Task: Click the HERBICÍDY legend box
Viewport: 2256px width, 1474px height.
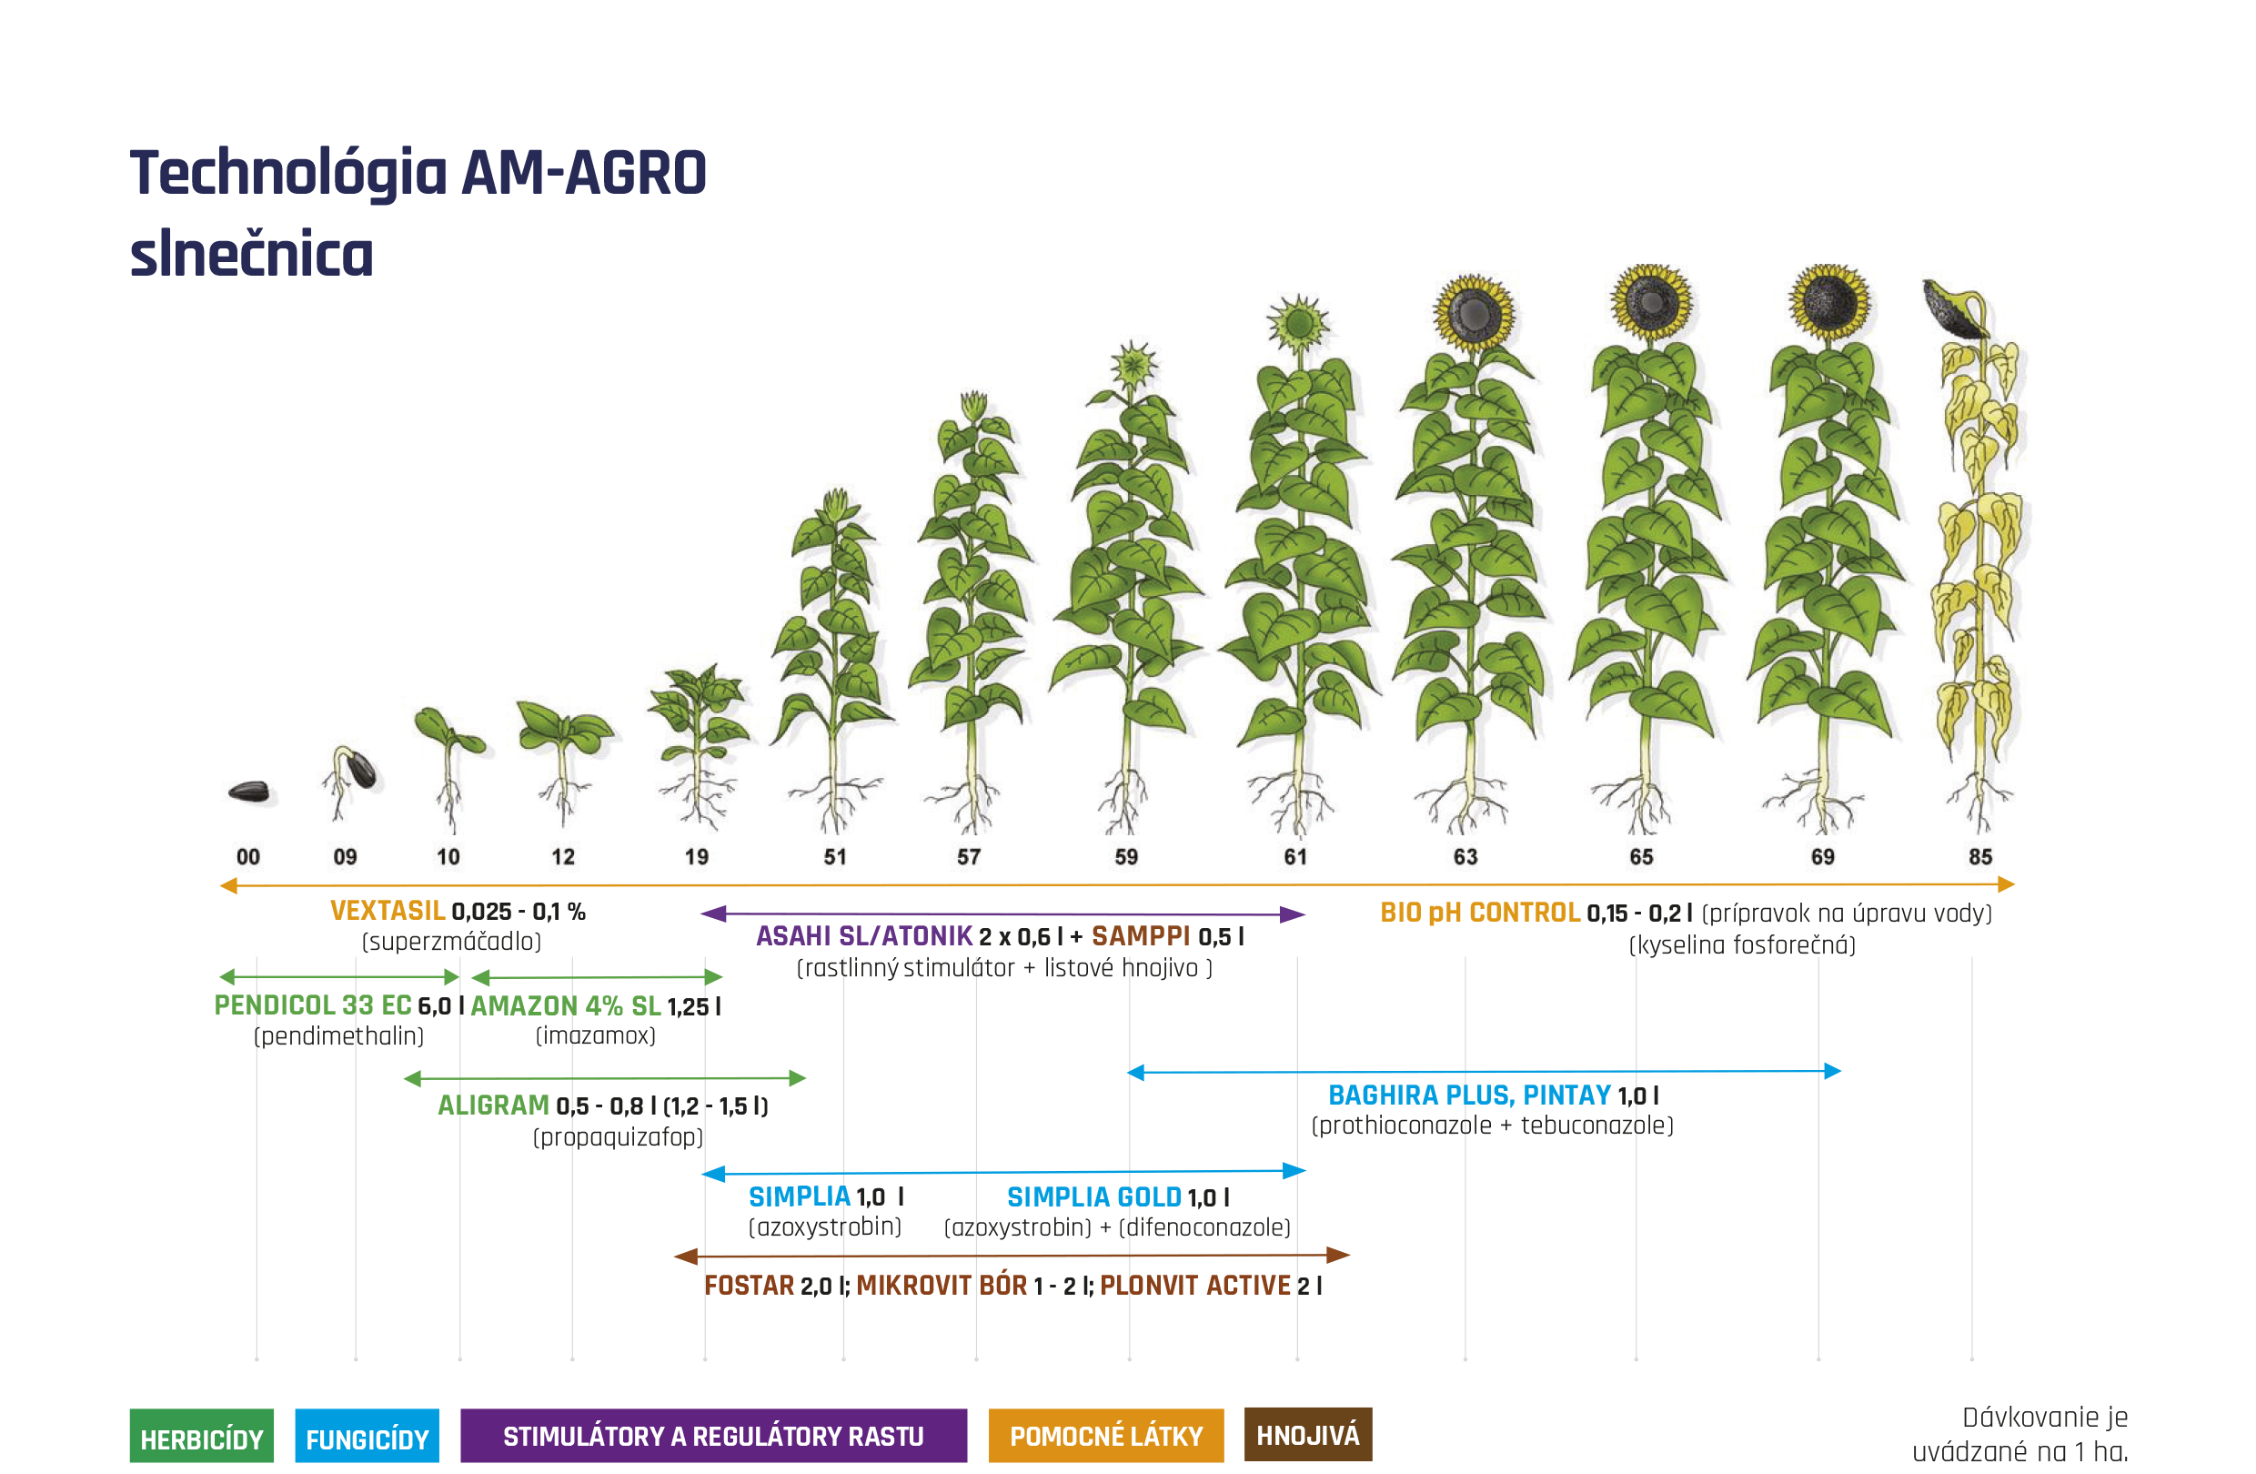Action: click(x=202, y=1435)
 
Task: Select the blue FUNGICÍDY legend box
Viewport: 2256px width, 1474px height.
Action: click(x=367, y=1435)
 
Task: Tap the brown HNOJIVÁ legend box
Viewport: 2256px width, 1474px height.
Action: click(x=1308, y=1434)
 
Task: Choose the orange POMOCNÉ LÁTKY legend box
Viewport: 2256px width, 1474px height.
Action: click(x=1106, y=1435)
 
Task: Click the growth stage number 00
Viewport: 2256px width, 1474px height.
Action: click(x=248, y=857)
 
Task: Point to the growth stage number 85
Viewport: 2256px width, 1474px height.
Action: click(x=1980, y=857)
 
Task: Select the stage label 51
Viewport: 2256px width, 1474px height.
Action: click(x=835, y=857)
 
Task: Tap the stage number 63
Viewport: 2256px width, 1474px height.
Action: click(x=1465, y=857)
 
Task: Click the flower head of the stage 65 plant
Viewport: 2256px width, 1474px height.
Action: click(x=1651, y=302)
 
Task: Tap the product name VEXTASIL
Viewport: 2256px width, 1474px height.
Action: click(x=388, y=911)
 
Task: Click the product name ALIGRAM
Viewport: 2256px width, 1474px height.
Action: click(x=493, y=1105)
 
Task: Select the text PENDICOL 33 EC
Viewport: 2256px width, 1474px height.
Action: click(x=313, y=1005)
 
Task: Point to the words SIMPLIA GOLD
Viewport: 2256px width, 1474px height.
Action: click(x=1093, y=1197)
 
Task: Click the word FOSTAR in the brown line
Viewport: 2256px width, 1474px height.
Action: click(x=749, y=1286)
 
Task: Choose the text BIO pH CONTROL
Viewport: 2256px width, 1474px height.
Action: click(x=1480, y=913)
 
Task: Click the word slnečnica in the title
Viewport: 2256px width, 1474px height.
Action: click(x=252, y=254)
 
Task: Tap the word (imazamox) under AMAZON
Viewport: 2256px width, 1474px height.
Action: click(x=595, y=1035)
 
